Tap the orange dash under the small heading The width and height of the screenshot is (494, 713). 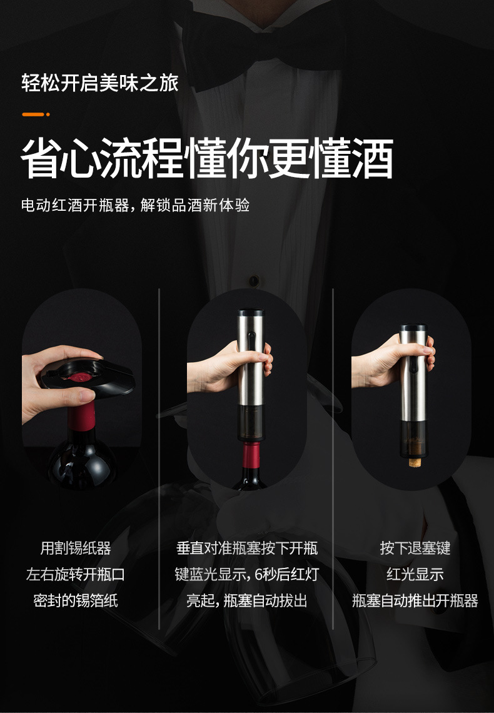[35, 114]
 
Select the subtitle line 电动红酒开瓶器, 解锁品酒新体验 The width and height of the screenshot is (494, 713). [135, 205]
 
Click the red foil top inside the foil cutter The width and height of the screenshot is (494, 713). [81, 378]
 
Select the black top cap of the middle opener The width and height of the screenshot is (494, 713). [251, 313]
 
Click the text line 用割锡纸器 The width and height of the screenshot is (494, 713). [76, 549]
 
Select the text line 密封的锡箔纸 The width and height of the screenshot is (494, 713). [76, 601]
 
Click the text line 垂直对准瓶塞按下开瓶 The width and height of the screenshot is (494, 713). [247, 549]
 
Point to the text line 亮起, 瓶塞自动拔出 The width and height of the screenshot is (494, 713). [247, 601]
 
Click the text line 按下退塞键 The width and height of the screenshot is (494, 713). [415, 549]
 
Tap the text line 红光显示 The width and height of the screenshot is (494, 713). [415, 575]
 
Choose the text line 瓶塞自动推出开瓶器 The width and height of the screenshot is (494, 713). [415, 601]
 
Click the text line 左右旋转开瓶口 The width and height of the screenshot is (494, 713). [76, 575]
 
